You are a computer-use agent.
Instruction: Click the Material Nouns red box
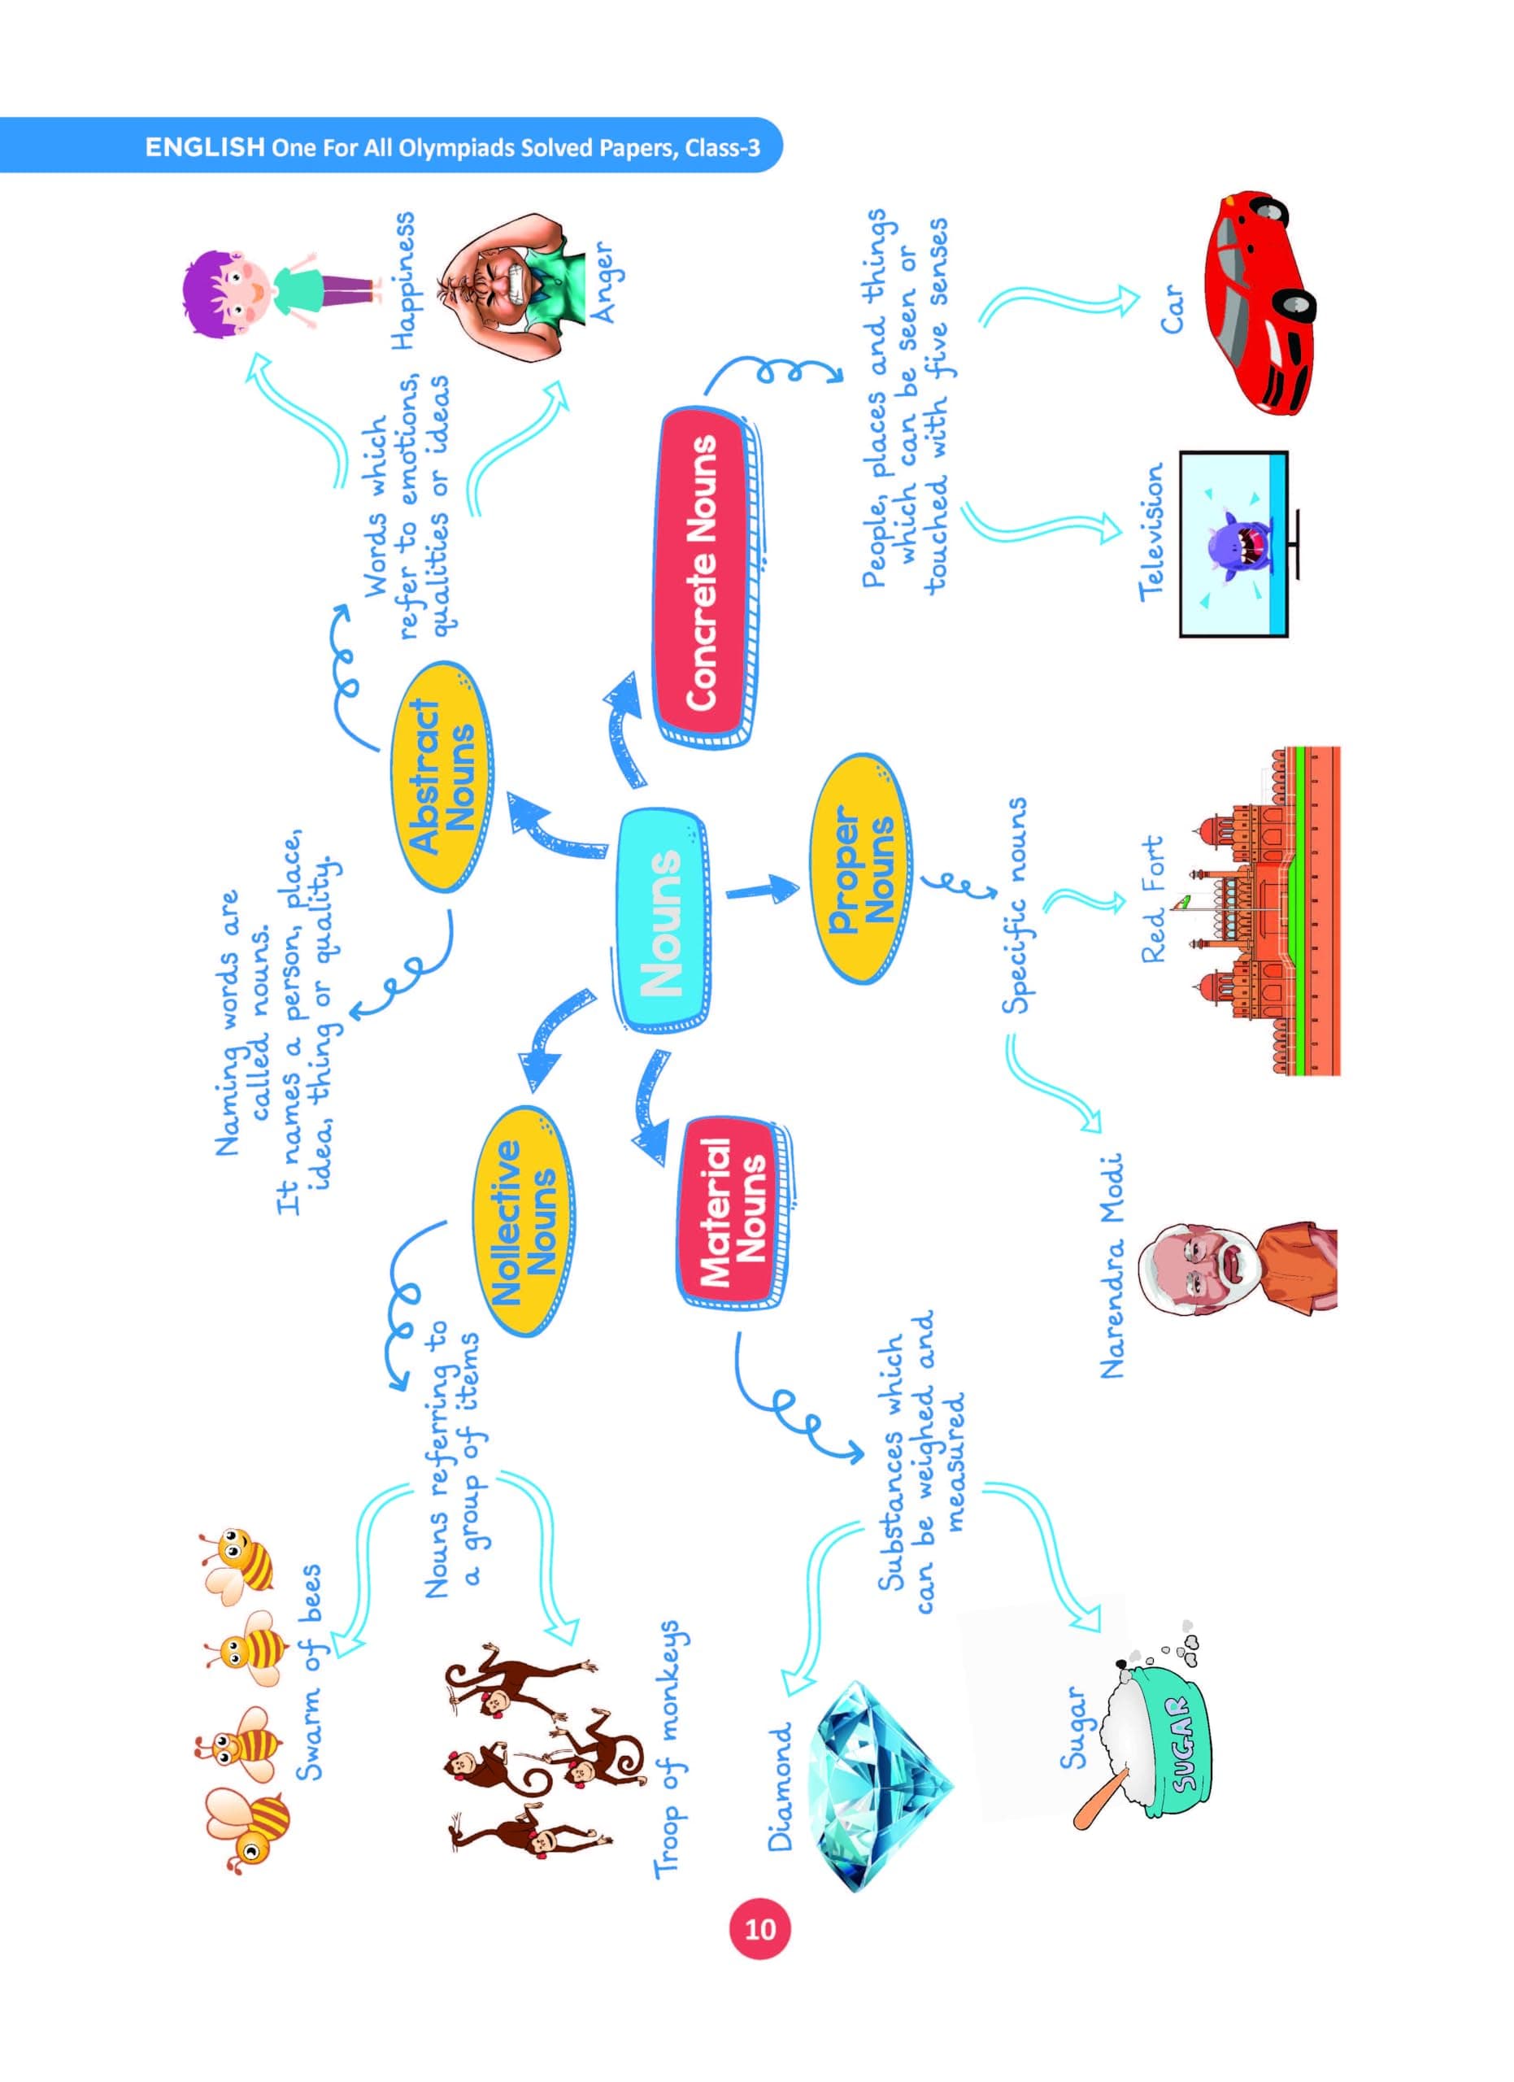[x=734, y=1212]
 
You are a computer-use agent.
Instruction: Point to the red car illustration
[x=1269, y=303]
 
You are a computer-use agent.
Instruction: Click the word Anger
[x=606, y=281]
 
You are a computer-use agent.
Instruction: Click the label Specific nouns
[x=1014, y=904]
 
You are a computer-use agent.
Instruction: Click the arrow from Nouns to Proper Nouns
[x=762, y=890]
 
